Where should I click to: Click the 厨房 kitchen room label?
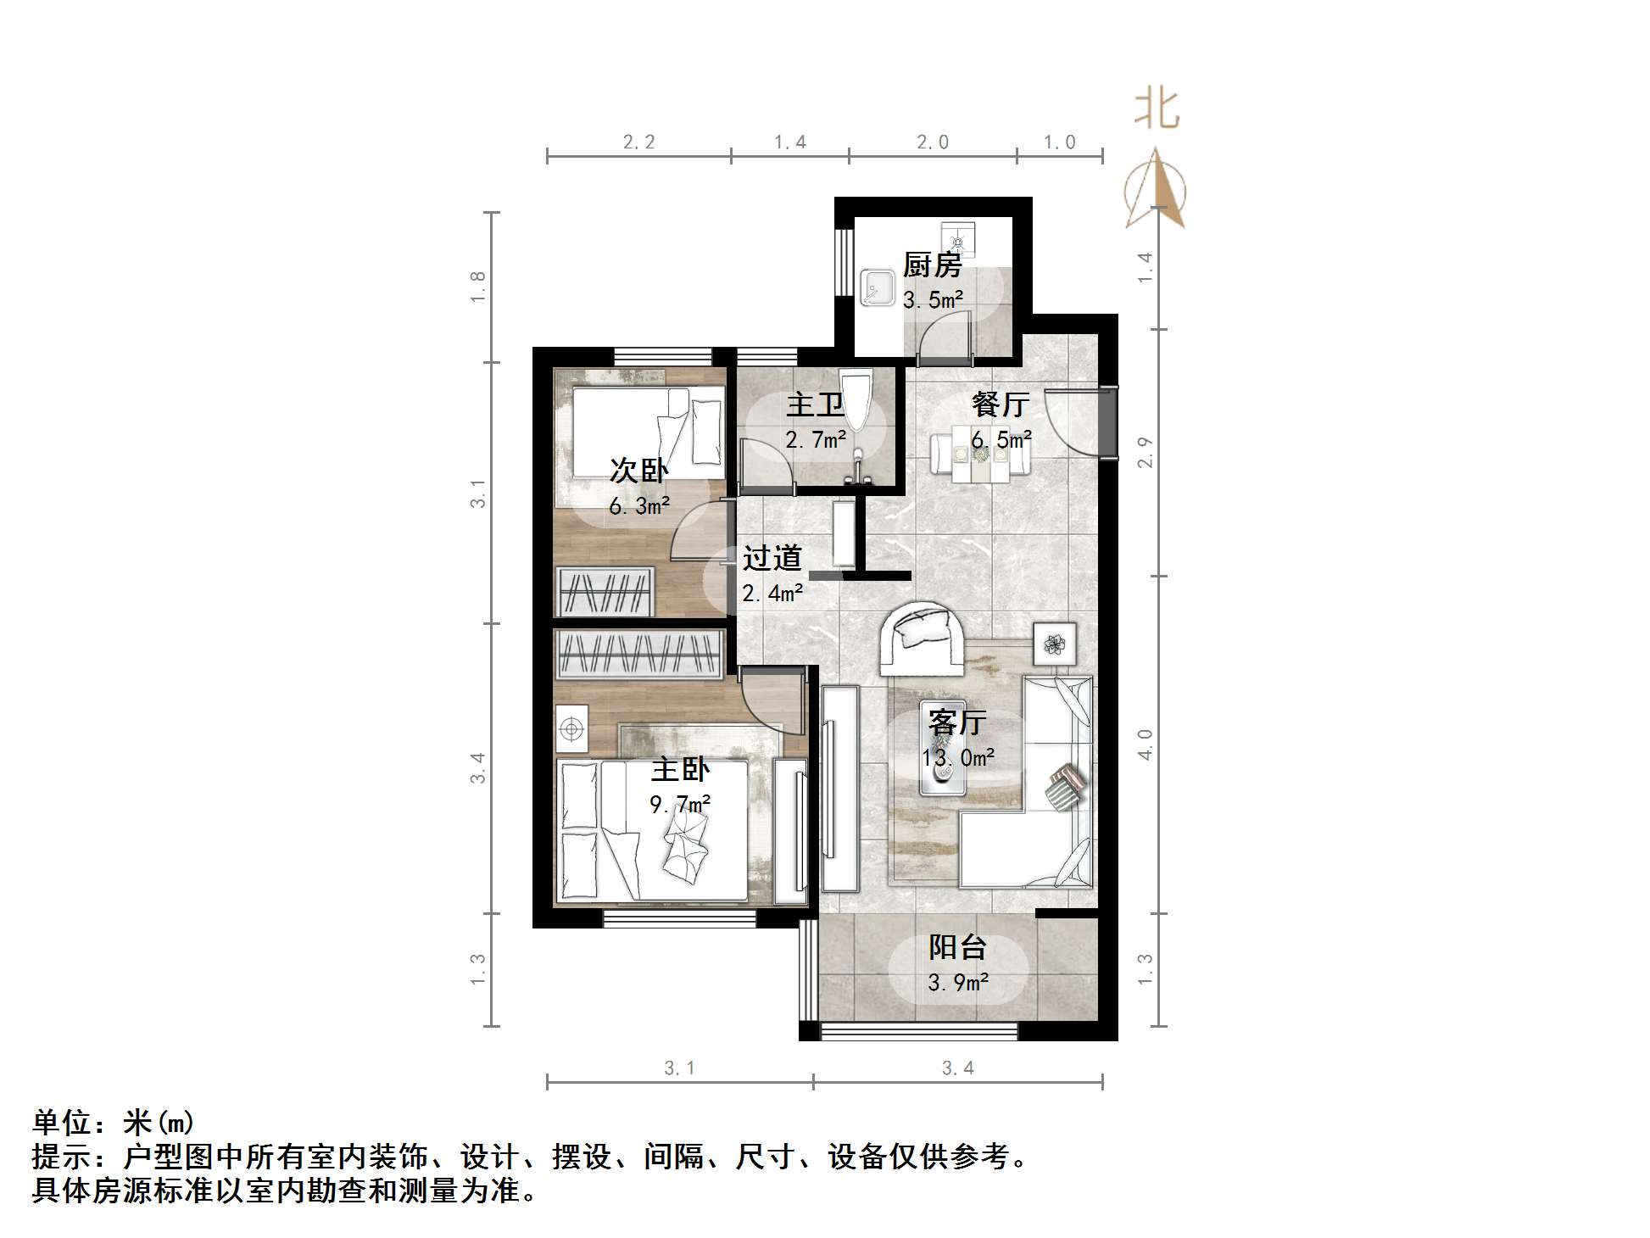[x=932, y=265]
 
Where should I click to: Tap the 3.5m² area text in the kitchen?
[x=933, y=300]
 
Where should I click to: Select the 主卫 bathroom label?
[x=815, y=404]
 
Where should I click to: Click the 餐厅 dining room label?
[x=1001, y=404]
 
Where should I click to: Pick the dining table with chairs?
[x=981, y=457]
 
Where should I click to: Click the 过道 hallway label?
[x=772, y=558]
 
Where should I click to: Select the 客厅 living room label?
[x=956, y=722]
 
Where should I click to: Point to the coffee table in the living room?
[x=942, y=768]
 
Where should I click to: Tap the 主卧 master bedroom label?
[x=680, y=769]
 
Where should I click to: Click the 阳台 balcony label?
[x=957, y=947]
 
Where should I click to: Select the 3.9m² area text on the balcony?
[x=958, y=983]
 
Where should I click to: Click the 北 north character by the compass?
[x=1157, y=110]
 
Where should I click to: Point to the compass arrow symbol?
[x=1156, y=191]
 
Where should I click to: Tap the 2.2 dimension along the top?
[x=639, y=142]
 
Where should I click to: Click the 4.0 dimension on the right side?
[x=1145, y=744]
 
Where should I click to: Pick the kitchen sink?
[x=878, y=287]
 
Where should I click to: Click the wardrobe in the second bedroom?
[x=605, y=592]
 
